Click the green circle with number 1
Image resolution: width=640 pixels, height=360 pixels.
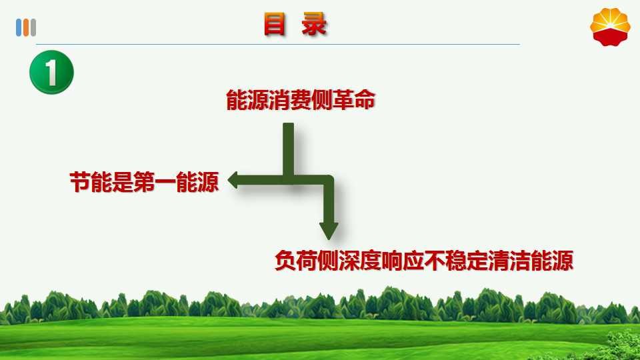(51, 72)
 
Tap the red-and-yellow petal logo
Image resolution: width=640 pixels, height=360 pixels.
(610, 27)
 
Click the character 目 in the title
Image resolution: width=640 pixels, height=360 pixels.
(274, 24)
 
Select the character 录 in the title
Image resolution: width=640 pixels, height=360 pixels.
(314, 24)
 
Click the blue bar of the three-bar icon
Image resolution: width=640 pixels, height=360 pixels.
(19, 28)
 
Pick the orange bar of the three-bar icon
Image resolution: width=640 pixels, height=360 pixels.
(26, 28)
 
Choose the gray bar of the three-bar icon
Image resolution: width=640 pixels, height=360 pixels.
(33, 28)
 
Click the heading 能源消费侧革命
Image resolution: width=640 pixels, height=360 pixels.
(301, 100)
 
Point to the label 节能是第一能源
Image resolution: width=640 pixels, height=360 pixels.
(145, 181)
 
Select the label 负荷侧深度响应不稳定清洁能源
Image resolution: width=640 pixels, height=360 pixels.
(424, 261)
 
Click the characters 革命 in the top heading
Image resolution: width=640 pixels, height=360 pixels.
(354, 100)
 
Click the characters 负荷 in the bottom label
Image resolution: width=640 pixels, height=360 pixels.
(296, 261)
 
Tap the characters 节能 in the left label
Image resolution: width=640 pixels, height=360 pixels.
(91, 181)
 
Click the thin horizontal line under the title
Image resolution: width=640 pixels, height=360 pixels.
(278, 44)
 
